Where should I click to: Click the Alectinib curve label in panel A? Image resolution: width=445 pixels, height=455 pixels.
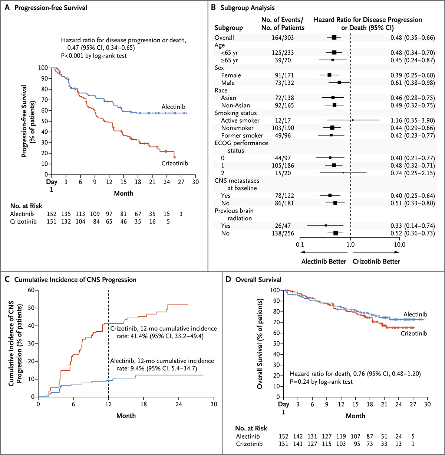tap(173, 107)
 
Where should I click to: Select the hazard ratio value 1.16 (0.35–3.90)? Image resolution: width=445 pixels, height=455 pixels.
tap(412, 120)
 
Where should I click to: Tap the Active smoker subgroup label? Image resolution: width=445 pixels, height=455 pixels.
tap(240, 120)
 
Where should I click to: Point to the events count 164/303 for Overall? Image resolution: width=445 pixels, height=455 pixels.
tap(283, 38)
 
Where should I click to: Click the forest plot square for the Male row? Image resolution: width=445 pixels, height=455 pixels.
tap(339, 83)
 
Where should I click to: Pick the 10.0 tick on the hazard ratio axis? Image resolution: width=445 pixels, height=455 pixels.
tap(399, 245)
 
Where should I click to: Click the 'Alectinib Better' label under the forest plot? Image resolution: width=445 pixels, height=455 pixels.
tap(324, 261)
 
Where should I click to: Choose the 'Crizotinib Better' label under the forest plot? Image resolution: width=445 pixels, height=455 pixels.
tap(376, 261)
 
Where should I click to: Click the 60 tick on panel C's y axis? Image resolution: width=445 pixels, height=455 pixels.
tap(32, 290)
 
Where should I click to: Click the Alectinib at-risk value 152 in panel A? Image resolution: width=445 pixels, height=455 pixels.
tap(52, 214)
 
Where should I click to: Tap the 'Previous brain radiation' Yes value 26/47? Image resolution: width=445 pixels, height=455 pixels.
tap(283, 226)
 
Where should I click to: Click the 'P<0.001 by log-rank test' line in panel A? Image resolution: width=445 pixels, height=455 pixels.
tap(94, 56)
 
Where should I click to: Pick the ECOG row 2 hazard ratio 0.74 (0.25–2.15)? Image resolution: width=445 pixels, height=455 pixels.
tap(412, 173)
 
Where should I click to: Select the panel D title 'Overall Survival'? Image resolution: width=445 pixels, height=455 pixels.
tap(258, 280)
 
